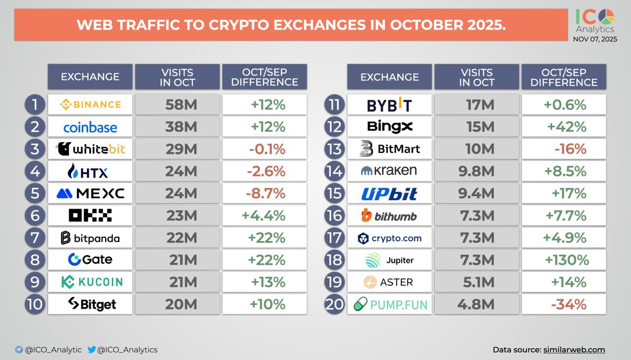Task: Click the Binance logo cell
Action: pos(90,105)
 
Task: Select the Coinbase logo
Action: pos(90,127)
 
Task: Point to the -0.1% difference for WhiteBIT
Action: pos(266,149)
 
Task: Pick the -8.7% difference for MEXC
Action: pos(266,193)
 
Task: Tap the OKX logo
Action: pos(90,216)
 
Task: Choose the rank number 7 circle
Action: pos(35,238)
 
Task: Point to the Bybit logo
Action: pos(389,105)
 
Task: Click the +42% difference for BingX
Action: pos(566,127)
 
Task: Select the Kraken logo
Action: pos(389,171)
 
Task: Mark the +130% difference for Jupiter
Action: pos(566,260)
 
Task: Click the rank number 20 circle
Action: pos(334,304)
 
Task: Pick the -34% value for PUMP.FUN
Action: pos(568,304)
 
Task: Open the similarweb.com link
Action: pos(574,350)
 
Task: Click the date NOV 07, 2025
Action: pos(595,39)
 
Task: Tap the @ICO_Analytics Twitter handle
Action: pos(127,350)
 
